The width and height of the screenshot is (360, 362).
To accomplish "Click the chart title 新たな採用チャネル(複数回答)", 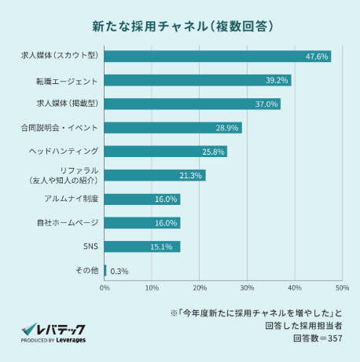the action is (x=182, y=27).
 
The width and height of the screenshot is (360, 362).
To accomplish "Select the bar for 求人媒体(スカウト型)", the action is (x=218, y=57).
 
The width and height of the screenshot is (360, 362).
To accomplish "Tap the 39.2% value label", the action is (x=277, y=80).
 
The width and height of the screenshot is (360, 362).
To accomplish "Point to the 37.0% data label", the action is (x=266, y=104).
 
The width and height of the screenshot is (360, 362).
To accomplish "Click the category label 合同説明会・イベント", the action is (x=59, y=128).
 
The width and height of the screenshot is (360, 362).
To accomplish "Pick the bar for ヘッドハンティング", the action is (x=166, y=152).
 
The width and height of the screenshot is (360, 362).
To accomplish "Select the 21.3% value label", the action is (x=190, y=175).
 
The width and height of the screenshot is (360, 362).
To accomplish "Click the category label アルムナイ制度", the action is (x=72, y=199).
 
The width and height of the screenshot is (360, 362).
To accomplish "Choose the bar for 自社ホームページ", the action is (x=142, y=223).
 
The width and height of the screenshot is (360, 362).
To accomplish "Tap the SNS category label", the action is (x=90, y=247).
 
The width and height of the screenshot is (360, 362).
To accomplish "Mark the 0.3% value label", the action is (x=119, y=271).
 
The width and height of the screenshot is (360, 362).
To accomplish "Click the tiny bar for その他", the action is (x=105, y=270).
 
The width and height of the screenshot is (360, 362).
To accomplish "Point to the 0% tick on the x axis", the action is (x=105, y=288).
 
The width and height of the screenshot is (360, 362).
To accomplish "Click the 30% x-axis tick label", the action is (x=247, y=288).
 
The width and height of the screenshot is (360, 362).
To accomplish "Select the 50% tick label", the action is (x=342, y=288).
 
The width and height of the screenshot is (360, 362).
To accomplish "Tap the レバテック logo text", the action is (x=61, y=329).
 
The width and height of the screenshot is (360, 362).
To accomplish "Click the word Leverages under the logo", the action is (x=71, y=340).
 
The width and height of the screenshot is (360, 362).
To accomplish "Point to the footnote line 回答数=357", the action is (x=318, y=338).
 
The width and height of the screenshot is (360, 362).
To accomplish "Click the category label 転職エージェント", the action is (x=67, y=82).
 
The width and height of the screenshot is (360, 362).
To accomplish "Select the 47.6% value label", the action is (x=317, y=57).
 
